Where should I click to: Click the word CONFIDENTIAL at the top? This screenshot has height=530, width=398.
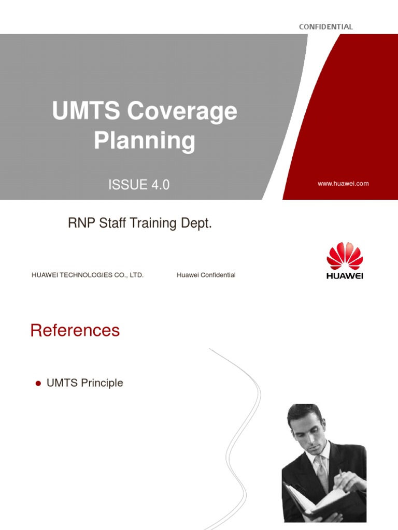click(325, 27)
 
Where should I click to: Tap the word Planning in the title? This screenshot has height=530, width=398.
click(145, 141)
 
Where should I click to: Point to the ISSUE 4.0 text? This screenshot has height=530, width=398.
click(139, 185)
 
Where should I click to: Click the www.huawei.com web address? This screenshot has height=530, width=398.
click(344, 184)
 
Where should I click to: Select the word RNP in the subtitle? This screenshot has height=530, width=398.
click(79, 224)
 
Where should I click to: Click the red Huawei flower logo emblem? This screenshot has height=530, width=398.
click(345, 256)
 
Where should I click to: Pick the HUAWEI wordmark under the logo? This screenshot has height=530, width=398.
click(345, 276)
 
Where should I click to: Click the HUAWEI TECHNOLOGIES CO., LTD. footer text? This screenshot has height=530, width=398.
click(88, 275)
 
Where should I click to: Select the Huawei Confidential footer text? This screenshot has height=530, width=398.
click(206, 275)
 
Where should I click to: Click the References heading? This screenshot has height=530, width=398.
click(75, 330)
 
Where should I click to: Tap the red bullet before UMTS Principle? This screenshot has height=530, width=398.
click(38, 384)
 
